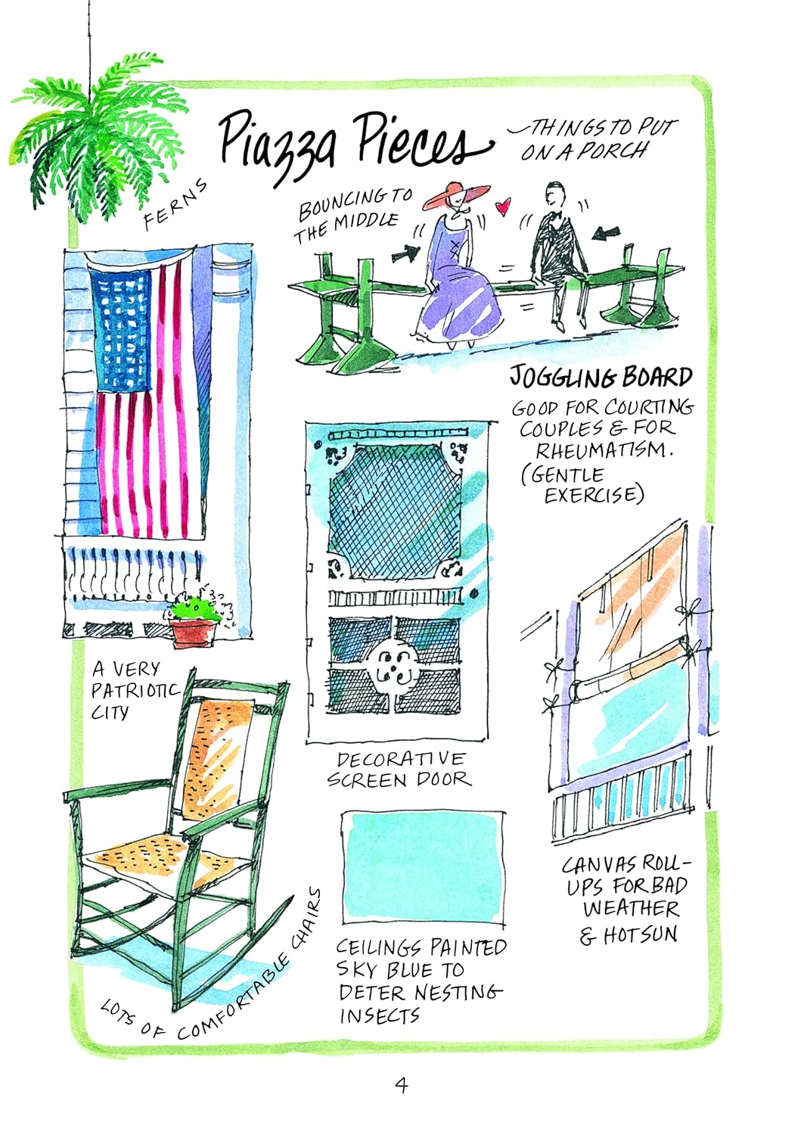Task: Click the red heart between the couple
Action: pos(503,207)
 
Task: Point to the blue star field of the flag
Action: pos(120,330)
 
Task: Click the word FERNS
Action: pos(175,204)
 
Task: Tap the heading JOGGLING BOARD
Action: pos(601,378)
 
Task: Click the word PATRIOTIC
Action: pos(135,691)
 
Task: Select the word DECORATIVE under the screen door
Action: pos(401,759)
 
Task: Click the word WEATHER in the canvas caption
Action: pos(632,908)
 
